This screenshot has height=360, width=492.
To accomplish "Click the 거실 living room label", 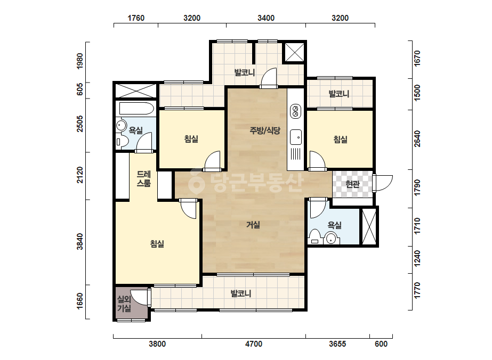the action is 253,225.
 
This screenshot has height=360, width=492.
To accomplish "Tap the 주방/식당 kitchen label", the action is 265,130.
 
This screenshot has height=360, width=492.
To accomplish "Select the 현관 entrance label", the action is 352,184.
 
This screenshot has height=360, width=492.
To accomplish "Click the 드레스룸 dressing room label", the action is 144,179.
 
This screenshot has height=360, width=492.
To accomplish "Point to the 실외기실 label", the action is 124,304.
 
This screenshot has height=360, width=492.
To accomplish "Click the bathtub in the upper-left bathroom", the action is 136,109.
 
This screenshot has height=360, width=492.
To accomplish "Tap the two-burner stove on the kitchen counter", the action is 295,111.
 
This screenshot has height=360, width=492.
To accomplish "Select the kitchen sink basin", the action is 296,137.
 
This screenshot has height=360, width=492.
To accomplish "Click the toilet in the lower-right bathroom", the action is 314,237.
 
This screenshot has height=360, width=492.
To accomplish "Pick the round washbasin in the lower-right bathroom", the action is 332,239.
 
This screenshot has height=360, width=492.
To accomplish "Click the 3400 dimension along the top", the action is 266,18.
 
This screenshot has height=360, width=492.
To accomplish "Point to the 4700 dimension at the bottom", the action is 254,344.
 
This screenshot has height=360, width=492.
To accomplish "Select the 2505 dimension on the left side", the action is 80,124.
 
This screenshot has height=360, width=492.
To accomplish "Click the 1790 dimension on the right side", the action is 417,187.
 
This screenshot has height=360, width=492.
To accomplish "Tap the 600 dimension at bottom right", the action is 381,344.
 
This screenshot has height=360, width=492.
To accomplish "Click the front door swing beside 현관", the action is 383,183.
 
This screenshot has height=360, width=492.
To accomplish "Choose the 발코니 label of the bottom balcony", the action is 241,293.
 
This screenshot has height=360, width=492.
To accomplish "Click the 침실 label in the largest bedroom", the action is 157,244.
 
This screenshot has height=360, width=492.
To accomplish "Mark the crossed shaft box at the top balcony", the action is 295,52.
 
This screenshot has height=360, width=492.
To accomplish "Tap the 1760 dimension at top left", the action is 136,18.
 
